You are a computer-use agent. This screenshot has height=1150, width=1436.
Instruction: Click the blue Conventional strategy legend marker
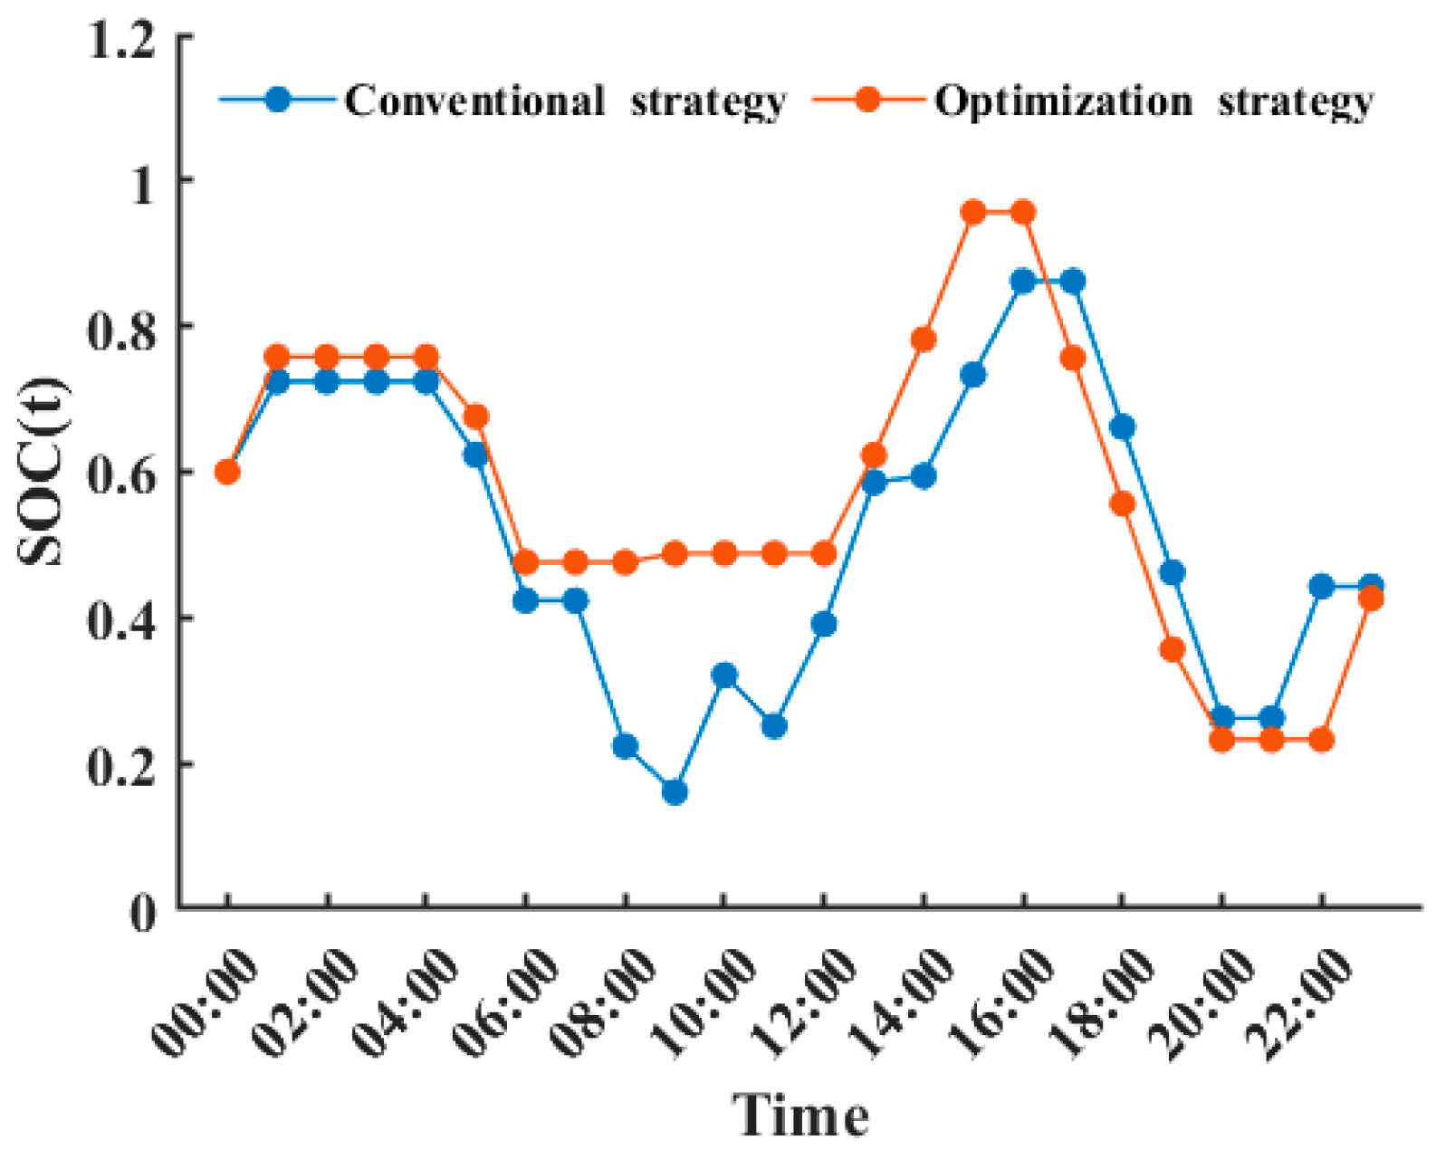(278, 100)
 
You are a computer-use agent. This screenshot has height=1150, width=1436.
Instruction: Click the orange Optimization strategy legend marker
(868, 100)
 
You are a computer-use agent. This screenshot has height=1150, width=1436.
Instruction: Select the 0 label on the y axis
(143, 911)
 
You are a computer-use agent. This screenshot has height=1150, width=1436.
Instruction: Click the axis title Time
(800, 1114)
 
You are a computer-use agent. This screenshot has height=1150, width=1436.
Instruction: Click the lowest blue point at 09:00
(675, 792)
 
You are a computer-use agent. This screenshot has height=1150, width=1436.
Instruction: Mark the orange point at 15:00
(973, 213)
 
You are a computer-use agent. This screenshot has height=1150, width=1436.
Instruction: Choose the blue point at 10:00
(724, 676)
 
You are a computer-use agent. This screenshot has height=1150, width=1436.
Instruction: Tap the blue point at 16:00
(1023, 282)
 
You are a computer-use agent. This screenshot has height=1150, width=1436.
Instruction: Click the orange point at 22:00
(1322, 740)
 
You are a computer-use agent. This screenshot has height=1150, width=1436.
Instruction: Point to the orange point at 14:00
(924, 340)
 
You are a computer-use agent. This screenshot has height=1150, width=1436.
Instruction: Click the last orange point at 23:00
(1372, 599)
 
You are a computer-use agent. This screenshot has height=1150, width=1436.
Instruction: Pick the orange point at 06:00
(525, 562)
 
